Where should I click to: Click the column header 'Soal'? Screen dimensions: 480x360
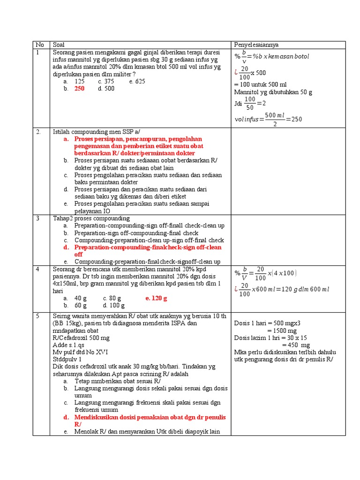pyautogui.click(x=59, y=45)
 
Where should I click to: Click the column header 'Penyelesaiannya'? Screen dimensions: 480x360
pyautogui.click(x=256, y=45)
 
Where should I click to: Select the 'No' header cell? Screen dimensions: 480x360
pyautogui.click(x=39, y=45)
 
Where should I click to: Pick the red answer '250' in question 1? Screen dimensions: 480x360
pyautogui.click(x=79, y=89)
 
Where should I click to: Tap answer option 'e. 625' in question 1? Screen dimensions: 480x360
pyautogui.click(x=137, y=82)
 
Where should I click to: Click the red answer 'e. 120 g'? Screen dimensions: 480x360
pyautogui.click(x=156, y=298)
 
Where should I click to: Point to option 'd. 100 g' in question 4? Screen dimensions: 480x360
pyautogui.click(x=109, y=306)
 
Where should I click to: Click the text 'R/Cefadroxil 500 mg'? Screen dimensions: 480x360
pyautogui.click(x=81, y=337)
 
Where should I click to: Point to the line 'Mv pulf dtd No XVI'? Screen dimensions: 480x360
pyautogui.click(x=78, y=352)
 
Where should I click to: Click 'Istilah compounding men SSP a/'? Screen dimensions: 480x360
pyautogui.click(x=92, y=132)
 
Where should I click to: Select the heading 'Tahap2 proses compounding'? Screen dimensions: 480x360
pyautogui.click(x=91, y=218)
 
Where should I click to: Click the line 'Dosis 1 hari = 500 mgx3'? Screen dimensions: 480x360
pyautogui.click(x=267, y=323)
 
